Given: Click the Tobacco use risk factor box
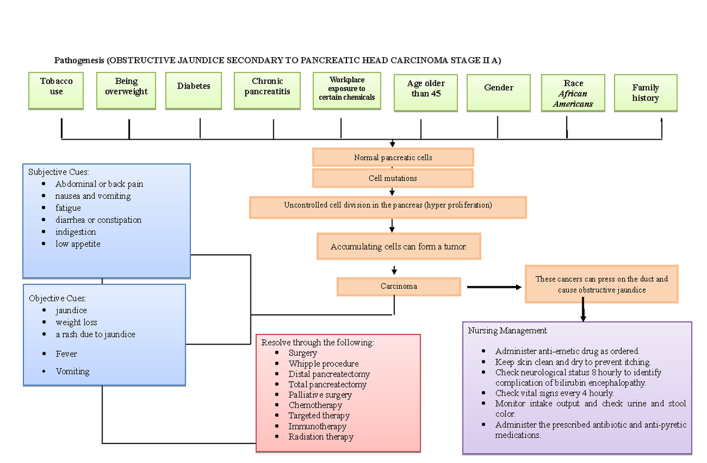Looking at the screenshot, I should pos(57,91).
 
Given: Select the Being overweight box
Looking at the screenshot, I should pos(126,91).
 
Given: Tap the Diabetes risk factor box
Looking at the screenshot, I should pos(194,91).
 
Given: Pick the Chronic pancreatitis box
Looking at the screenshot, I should pos(267,91).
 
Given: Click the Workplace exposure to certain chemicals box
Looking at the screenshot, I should pos(347,91).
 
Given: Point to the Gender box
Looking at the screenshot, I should pos(498,92).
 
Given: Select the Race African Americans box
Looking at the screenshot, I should pos(573,93).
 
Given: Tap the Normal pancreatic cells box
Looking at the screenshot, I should pos(393,157).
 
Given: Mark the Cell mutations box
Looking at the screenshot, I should pos(393,178).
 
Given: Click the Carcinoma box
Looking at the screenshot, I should pos(399,287).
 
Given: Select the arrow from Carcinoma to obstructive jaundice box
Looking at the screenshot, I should pos(494,287).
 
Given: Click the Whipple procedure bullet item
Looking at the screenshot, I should pos(323,364).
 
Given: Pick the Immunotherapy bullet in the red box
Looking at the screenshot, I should pos(317,426).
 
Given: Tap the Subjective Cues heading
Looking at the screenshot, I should pos(59,172).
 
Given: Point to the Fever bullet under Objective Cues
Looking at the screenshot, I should pos(66,354).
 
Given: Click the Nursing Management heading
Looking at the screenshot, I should pos(507,330).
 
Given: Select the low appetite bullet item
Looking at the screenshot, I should pos(78,244).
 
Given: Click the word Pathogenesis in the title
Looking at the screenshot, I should pos(80,60).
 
